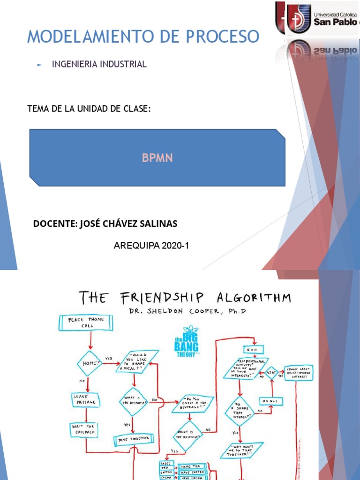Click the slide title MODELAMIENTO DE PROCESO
click(x=142, y=36)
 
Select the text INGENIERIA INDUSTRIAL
click(x=99, y=64)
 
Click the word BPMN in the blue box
click(x=157, y=158)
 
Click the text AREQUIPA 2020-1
click(x=151, y=245)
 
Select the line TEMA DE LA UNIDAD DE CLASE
click(x=89, y=109)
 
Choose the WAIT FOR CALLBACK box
click(x=84, y=428)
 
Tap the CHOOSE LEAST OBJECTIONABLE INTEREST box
click(x=296, y=373)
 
